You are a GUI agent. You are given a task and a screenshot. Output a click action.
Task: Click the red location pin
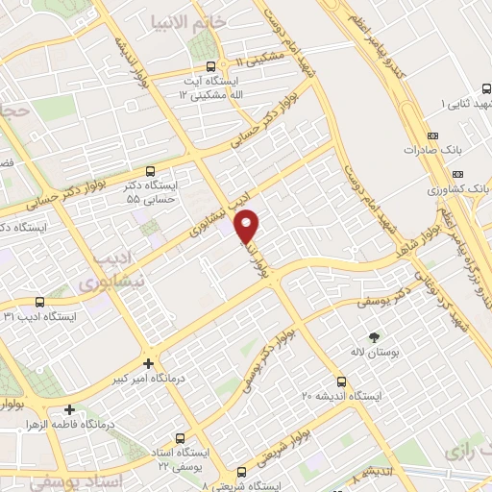pos(248,227)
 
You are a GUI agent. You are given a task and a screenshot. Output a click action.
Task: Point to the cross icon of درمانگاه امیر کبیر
pos(147,363)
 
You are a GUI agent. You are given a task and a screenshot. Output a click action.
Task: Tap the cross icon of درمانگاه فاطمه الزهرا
pos(69,409)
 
